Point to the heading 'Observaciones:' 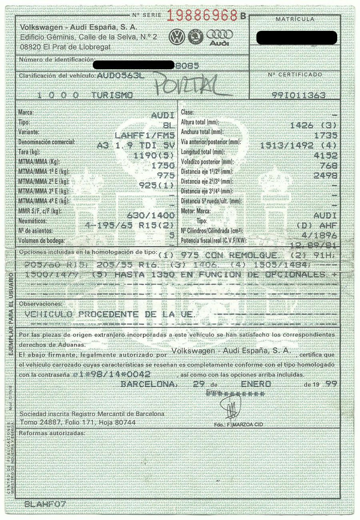(x=41, y=304)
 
